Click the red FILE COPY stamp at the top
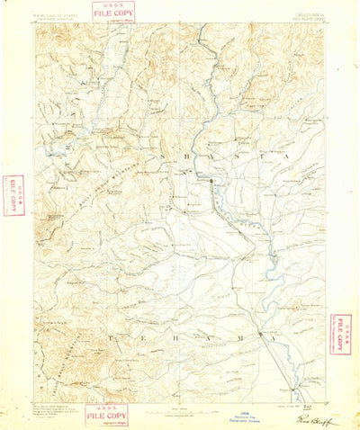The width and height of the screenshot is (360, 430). tap(114, 12)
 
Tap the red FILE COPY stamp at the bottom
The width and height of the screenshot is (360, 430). tap(107, 415)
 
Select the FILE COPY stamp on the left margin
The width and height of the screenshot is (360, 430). tap(13, 197)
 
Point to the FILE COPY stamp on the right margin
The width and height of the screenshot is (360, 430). tap(341, 334)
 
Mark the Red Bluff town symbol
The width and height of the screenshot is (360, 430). tap(262, 334)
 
